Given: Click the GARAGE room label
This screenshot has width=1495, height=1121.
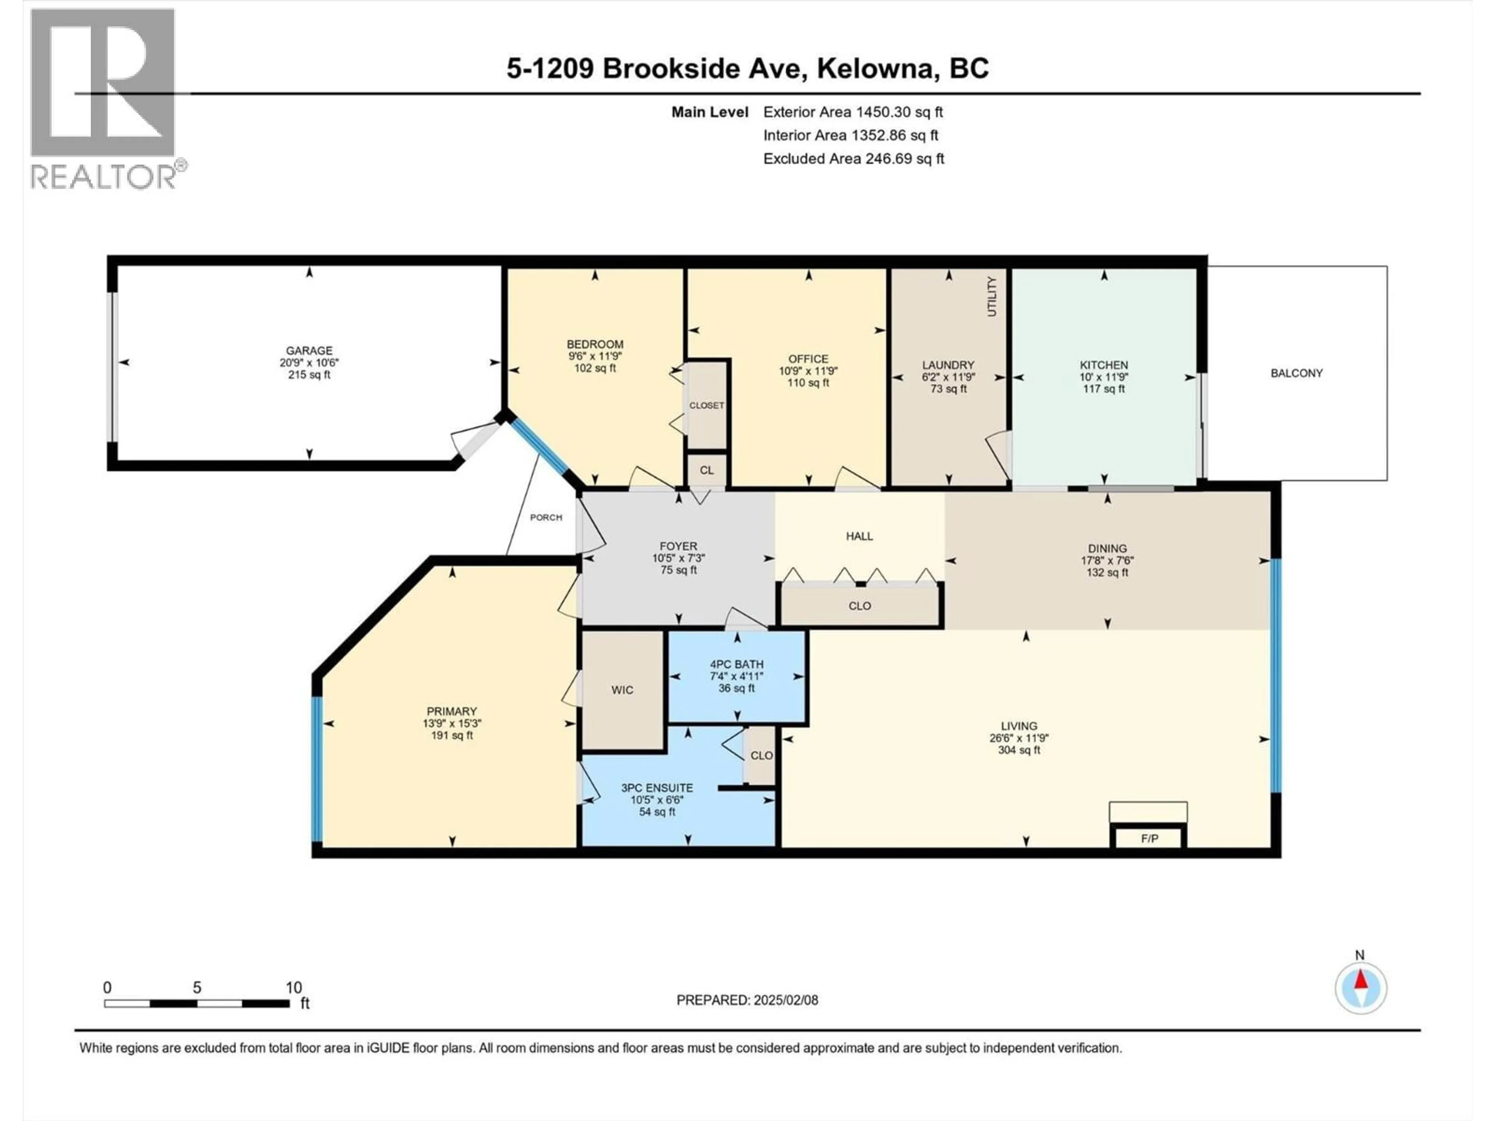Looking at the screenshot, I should click(309, 350).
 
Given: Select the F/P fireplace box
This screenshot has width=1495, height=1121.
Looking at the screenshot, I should click(1149, 838).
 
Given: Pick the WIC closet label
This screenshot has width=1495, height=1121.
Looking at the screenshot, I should click(622, 690).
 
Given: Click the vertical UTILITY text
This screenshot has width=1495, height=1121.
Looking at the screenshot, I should click(992, 296).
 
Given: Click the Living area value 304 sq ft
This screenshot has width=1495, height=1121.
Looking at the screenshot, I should click(1018, 750).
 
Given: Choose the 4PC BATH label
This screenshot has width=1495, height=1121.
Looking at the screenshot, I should click(736, 664).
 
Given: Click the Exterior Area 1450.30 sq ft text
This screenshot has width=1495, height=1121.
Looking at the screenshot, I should click(853, 112).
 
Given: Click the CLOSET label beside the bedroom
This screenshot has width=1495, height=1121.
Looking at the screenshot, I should click(706, 406).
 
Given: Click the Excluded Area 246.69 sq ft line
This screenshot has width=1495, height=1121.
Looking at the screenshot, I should click(853, 159).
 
